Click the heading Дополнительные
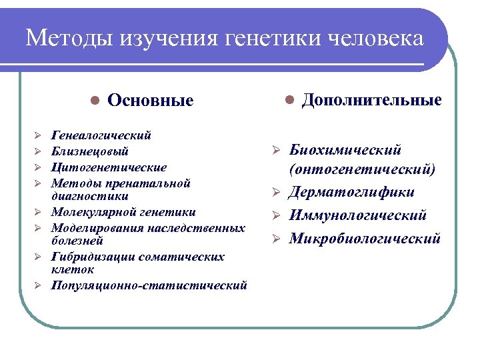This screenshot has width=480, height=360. [371, 100]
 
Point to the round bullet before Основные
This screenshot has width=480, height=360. [95, 100]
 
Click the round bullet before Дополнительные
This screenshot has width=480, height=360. [289, 100]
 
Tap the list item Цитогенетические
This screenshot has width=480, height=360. [109, 167]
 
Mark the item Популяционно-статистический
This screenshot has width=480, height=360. [149, 285]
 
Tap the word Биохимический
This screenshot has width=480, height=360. [345, 151]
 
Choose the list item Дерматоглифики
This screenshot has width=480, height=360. [351, 193]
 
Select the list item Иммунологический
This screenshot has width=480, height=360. [357, 215]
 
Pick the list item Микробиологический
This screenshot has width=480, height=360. [364, 238]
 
